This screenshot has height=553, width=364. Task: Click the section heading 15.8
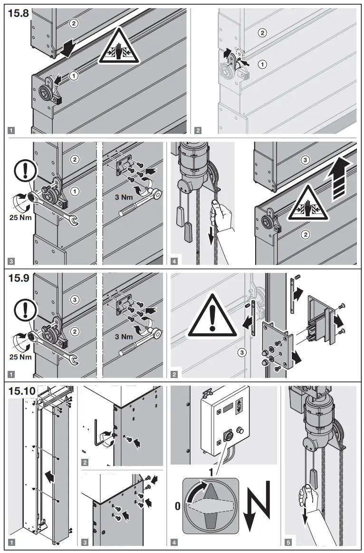pos(19,13)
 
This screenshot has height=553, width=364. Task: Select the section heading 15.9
pos(19,278)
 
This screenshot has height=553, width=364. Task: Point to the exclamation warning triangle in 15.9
pos(212,316)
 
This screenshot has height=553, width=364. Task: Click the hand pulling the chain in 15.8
pos(220,215)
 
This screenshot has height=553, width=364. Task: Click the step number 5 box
pos(288,541)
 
